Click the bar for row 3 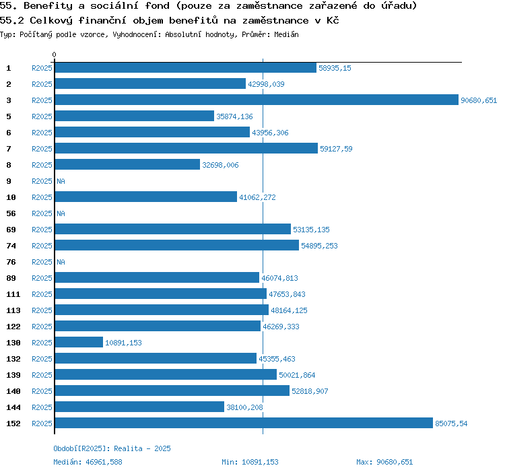click(x=256, y=100)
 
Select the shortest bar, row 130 click(x=79, y=343)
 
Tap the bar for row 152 click(x=243, y=424)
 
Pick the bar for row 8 click(x=127, y=165)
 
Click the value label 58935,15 click(x=335, y=68)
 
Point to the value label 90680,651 click(x=479, y=100)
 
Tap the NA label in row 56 click(x=61, y=213)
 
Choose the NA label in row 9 click(x=61, y=181)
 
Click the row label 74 click(x=11, y=246)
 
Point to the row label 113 click(x=13, y=310)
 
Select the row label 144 click(x=13, y=407)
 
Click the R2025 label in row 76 click(x=42, y=262)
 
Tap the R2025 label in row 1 click(x=42, y=68)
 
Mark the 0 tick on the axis click(x=55, y=55)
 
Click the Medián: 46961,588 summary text click(x=88, y=462)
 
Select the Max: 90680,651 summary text click(x=384, y=462)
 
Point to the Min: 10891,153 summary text click(x=250, y=462)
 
